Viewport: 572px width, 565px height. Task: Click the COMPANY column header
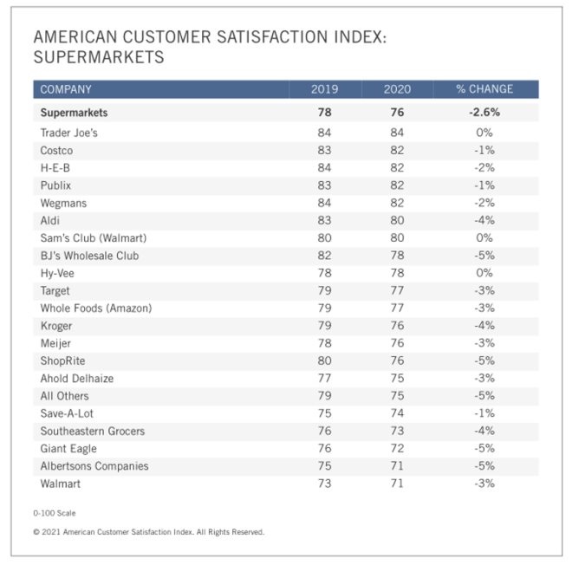click(x=66, y=89)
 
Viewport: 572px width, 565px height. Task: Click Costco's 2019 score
click(x=325, y=150)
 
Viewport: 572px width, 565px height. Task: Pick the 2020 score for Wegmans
click(x=398, y=203)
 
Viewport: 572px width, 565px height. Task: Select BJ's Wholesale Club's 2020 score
click(x=398, y=256)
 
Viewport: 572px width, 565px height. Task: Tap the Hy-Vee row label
click(x=59, y=273)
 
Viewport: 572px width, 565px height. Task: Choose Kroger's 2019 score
click(x=325, y=326)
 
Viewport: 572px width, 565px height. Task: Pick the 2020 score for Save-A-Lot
click(x=398, y=413)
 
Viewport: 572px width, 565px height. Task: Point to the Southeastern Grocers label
click(x=93, y=431)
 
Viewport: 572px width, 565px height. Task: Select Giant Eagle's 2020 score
click(x=398, y=448)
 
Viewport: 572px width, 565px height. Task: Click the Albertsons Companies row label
click(x=94, y=466)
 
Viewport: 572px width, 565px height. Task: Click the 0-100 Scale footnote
click(x=54, y=513)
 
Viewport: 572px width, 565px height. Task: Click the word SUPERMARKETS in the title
click(x=98, y=58)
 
